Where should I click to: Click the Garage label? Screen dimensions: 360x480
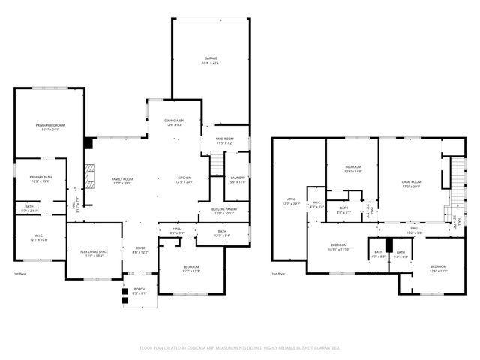point(211,60)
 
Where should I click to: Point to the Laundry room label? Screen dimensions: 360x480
point(238,179)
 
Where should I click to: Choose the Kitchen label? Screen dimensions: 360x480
point(184,179)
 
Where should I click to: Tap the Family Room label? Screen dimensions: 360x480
point(121,181)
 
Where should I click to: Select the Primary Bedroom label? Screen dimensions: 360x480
point(51,127)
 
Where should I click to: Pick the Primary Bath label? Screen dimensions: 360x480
point(40,179)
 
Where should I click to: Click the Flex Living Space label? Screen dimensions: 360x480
point(94,253)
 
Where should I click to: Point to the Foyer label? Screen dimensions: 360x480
point(139,250)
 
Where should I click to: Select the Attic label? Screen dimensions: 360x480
point(290,201)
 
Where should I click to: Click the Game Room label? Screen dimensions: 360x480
point(411,183)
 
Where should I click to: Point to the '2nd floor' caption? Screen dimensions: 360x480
point(278,274)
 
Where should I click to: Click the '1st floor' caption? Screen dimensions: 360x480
point(20,274)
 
